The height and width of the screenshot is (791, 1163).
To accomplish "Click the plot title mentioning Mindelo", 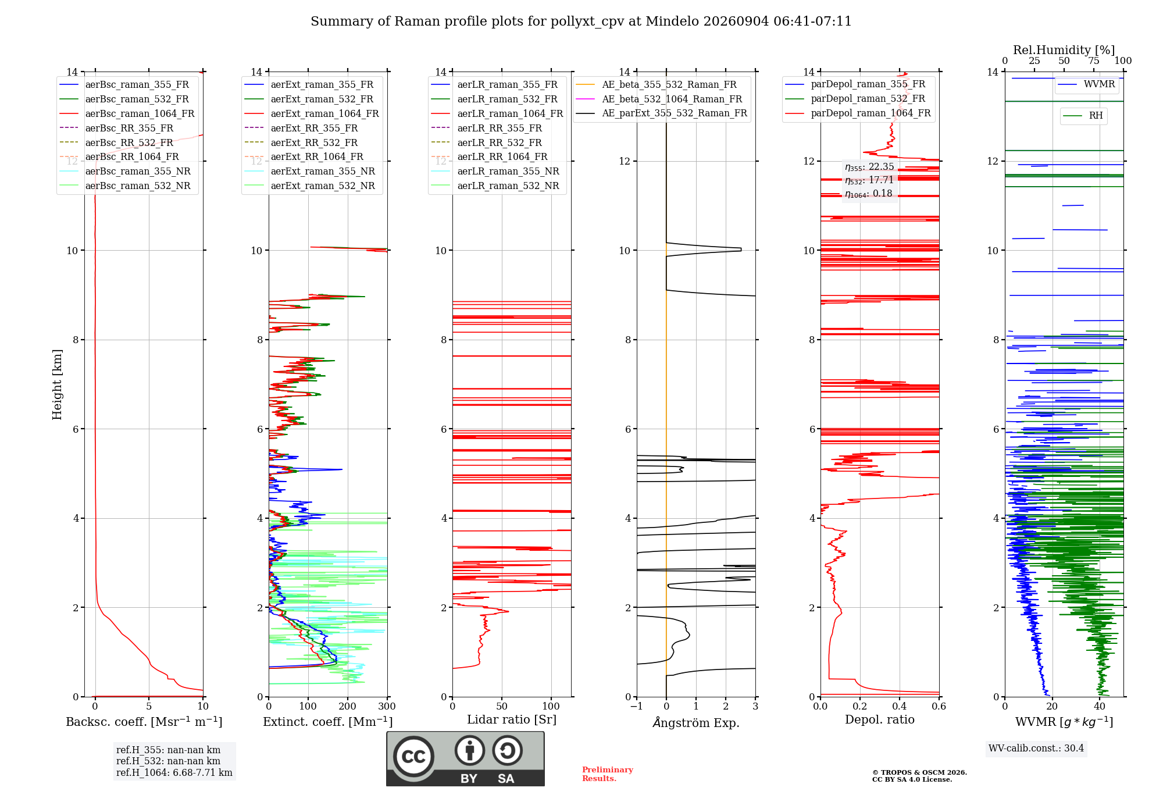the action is click(x=581, y=22).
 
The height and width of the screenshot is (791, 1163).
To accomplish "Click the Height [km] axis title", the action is click(x=57, y=384).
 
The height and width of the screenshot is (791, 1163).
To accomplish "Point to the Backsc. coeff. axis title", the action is click(x=144, y=722).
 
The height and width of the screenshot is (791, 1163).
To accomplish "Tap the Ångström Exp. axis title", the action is click(x=696, y=722).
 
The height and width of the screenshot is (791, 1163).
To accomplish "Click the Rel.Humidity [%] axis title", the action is click(x=1064, y=50).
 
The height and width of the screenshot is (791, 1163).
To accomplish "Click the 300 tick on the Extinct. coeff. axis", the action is click(x=387, y=707).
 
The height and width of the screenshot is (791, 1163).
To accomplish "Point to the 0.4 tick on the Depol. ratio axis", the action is click(x=900, y=707).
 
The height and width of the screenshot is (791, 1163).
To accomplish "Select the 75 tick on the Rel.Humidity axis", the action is click(x=1094, y=60).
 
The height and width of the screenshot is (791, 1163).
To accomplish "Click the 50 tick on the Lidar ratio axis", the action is click(x=502, y=707).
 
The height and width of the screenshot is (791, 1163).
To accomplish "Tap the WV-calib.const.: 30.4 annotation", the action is click(x=1036, y=748).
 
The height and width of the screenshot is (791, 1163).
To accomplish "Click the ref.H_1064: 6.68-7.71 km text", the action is click(x=174, y=772).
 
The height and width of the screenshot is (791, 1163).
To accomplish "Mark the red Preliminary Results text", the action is click(x=608, y=774).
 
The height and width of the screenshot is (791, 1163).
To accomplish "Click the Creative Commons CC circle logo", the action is click(x=413, y=757).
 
